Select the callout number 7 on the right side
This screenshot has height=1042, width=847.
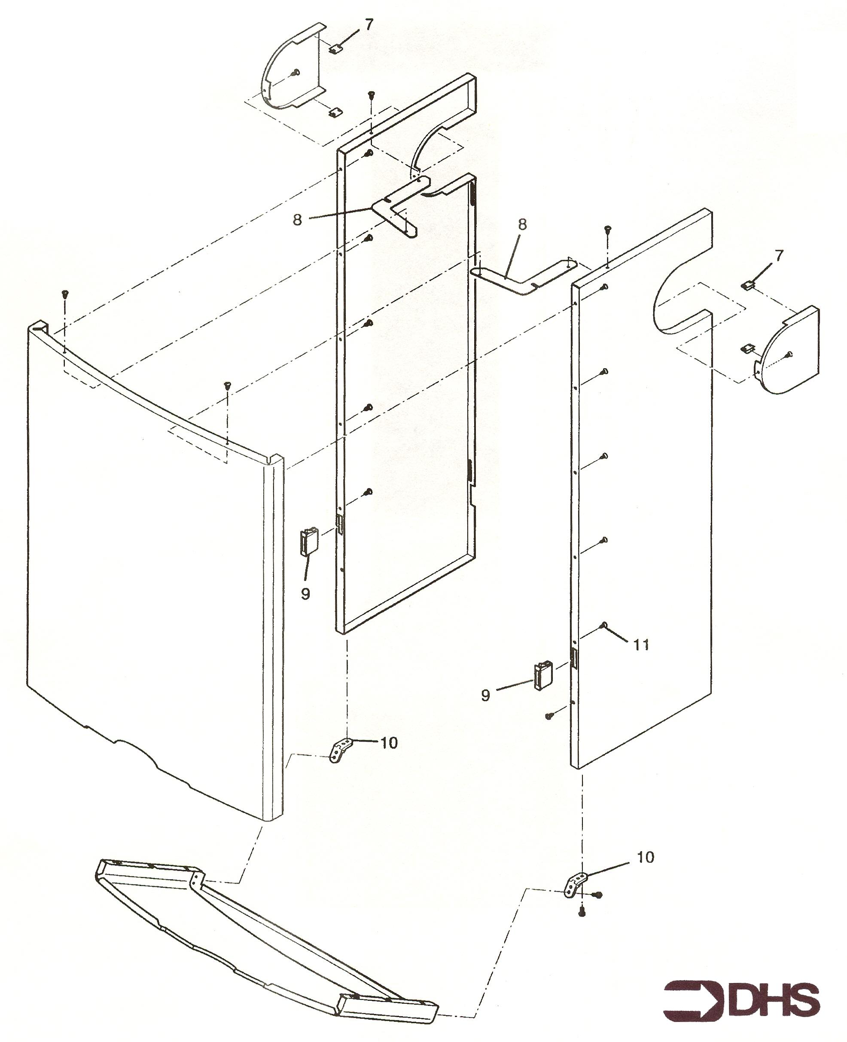[779, 255]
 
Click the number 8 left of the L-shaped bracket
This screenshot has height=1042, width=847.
[297, 220]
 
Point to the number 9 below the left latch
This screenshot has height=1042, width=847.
[305, 593]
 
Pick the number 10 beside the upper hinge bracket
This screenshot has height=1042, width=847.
[389, 743]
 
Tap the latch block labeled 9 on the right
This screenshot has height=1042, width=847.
[542, 675]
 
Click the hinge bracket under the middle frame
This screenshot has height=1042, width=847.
[341, 750]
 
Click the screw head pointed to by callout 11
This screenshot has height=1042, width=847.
[604, 625]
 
